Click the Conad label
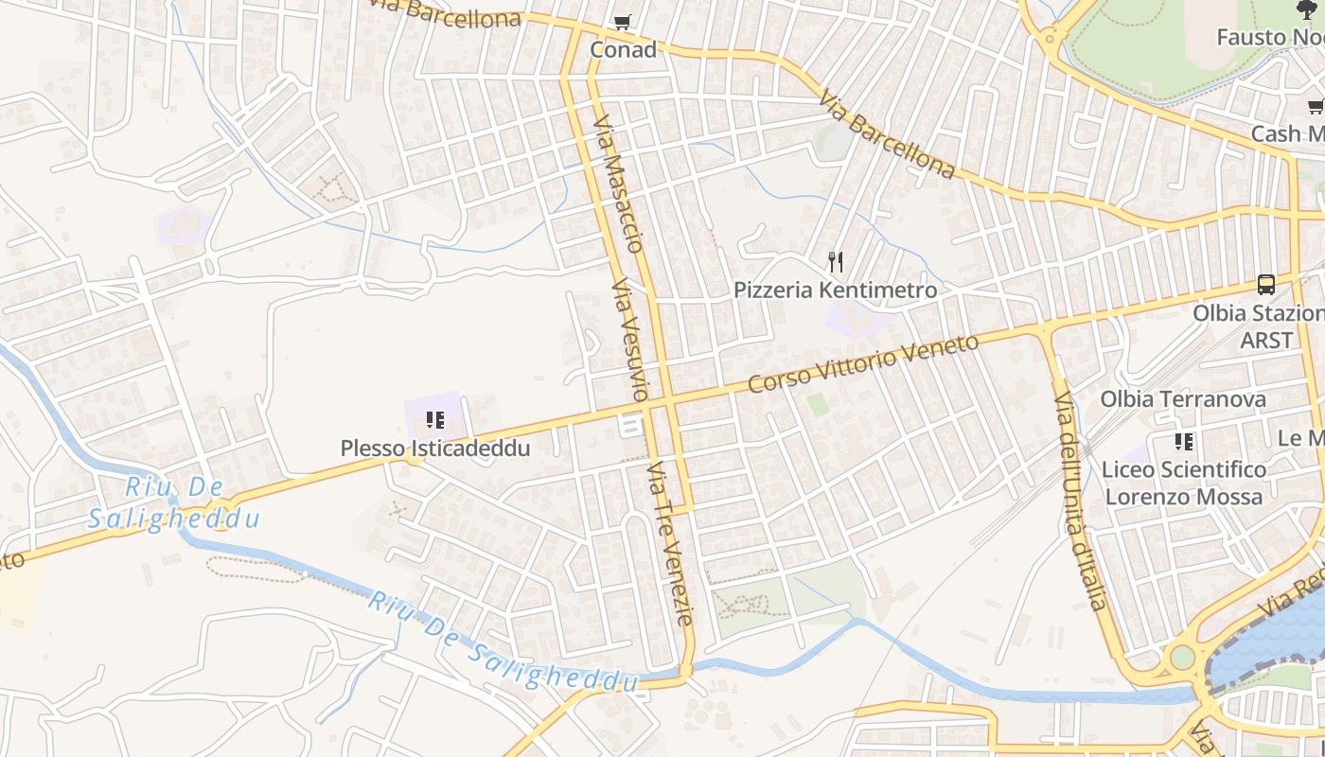pyautogui.click(x=623, y=49)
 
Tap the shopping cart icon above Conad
pyautogui.click(x=622, y=22)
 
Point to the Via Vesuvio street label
pyautogui.click(x=629, y=341)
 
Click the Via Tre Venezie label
pyautogui.click(x=671, y=544)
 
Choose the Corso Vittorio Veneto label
pyautogui.click(x=863, y=363)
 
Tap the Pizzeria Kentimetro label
pyautogui.click(x=836, y=290)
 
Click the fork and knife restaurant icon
pyautogui.click(x=836, y=262)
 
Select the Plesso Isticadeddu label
pyautogui.click(x=435, y=448)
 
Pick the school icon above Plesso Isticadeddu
pyautogui.click(x=435, y=419)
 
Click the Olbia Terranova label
pyautogui.click(x=1183, y=399)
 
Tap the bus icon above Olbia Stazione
pyautogui.click(x=1265, y=284)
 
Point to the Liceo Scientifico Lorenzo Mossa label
pyautogui.click(x=1184, y=483)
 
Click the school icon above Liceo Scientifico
pyautogui.click(x=1183, y=441)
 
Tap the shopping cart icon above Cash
pyautogui.click(x=1316, y=107)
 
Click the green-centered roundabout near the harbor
pyautogui.click(x=1182, y=657)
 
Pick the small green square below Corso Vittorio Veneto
pyautogui.click(x=817, y=405)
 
